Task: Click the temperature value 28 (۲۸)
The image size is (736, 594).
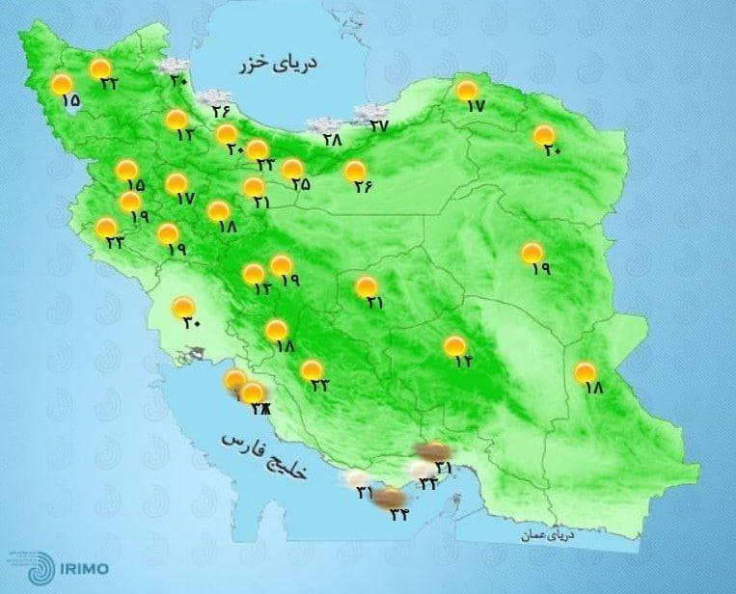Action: pos(333,140)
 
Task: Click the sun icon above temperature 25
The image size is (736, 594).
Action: pos(292,170)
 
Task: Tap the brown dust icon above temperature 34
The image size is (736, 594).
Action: pos(389,498)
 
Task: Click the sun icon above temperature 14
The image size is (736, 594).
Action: pos(454,345)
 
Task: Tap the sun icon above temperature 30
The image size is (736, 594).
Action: pos(183,308)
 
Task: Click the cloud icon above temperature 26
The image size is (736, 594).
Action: pos(209,96)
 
